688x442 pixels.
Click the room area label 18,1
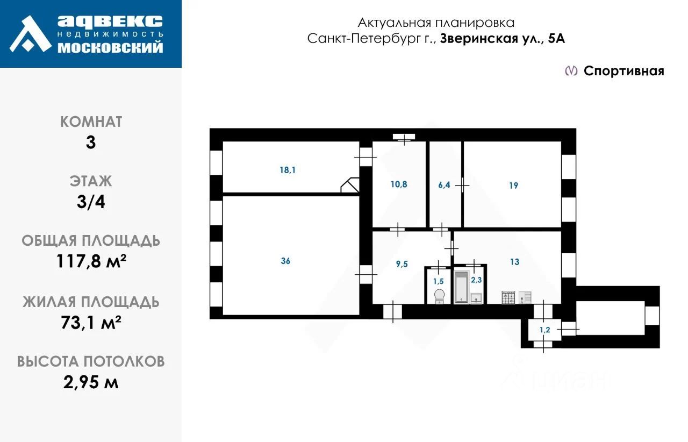coord(288,170)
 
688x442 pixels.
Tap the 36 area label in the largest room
coord(285,261)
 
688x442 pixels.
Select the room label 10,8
coord(399,184)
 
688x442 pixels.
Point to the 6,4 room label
coord(444,185)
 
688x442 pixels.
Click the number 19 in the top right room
coord(513,186)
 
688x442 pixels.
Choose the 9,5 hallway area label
coord(402,263)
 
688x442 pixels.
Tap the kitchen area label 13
coord(514,262)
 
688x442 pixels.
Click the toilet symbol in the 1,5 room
coord(439,295)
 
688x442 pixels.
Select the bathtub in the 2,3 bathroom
coord(461,287)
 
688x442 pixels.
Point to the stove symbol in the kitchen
coord(508,297)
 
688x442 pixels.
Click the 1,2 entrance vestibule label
coord(544,330)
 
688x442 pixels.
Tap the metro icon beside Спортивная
coord(571,71)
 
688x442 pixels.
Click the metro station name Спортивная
coord(624,71)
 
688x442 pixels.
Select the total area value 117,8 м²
coord(91,262)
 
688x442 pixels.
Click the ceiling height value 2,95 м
coord(91,382)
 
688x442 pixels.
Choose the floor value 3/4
coord(91,202)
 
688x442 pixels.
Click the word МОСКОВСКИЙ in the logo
coord(110,48)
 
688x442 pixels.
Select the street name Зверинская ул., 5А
coord(503,39)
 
